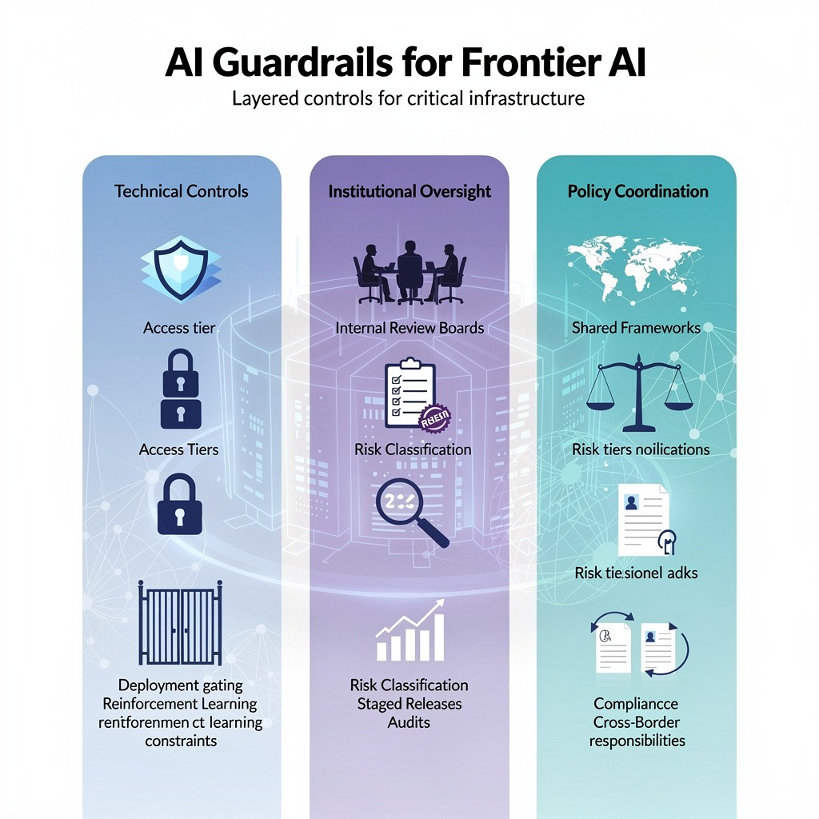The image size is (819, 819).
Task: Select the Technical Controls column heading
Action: click(x=182, y=191)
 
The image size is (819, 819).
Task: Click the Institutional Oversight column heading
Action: click(x=409, y=191)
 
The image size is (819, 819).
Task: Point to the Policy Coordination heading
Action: click(x=637, y=191)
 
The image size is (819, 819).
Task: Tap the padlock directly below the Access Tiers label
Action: click(x=181, y=503)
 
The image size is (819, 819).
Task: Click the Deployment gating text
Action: click(x=181, y=685)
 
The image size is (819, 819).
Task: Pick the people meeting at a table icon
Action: click(x=409, y=273)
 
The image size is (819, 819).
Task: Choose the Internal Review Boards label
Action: click(x=409, y=328)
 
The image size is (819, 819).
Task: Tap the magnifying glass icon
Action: click(x=410, y=512)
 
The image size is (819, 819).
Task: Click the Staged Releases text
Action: click(x=409, y=704)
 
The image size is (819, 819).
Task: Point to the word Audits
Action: click(x=409, y=722)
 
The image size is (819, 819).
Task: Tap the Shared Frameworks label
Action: click(x=637, y=328)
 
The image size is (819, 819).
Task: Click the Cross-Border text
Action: click(x=637, y=722)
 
